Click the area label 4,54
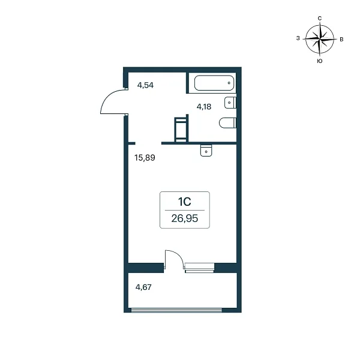coord(145,85)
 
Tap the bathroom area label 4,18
coord(204,107)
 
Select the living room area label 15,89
coord(145,158)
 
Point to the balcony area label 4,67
coord(143,287)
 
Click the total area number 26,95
coord(185,218)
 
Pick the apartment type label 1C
coord(185,202)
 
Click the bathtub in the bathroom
coord(214,83)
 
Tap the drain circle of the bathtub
coord(229,83)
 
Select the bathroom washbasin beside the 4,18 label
coord(230,103)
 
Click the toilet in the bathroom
coord(228,123)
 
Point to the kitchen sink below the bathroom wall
coord(206,151)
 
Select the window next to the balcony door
coord(199,268)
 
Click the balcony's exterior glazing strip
coord(176,310)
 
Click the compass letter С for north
coord(319,19)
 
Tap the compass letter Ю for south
coord(320,61)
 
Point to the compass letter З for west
coord(298,38)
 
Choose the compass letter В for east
coord(341,40)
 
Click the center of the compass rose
coord(320,39)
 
